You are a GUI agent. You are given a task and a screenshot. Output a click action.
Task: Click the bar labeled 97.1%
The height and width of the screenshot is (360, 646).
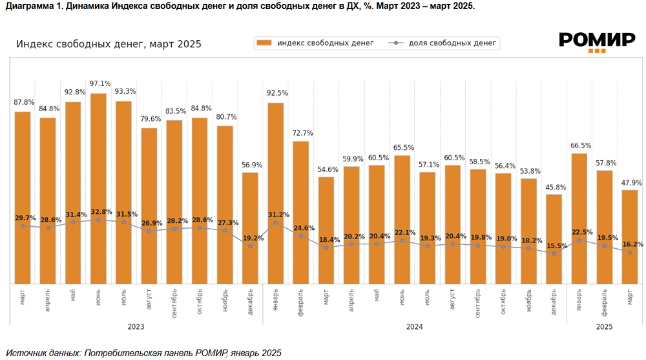pyautogui.click(x=98, y=188)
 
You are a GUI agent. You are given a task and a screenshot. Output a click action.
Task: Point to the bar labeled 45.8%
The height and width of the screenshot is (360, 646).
pyautogui.click(x=554, y=238)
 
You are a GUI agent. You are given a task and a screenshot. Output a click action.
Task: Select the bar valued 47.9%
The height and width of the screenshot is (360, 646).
pyautogui.click(x=630, y=237)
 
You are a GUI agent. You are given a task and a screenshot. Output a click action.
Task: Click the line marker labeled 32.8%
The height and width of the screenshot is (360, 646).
pyautogui.click(x=98, y=220)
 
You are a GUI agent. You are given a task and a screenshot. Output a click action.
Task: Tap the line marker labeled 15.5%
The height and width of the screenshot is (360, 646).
pyautogui.click(x=554, y=253)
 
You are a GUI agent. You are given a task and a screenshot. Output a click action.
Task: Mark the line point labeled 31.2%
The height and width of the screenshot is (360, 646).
pyautogui.click(x=276, y=223)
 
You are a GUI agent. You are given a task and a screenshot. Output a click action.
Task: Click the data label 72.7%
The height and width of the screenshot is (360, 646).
pyautogui.click(x=301, y=133)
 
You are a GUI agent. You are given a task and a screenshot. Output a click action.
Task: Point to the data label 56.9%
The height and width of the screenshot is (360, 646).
pyautogui.click(x=251, y=164)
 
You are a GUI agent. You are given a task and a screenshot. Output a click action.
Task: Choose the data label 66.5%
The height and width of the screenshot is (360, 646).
pyautogui.click(x=579, y=145)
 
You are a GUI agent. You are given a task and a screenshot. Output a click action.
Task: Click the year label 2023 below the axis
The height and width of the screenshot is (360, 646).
pyautogui.click(x=136, y=327)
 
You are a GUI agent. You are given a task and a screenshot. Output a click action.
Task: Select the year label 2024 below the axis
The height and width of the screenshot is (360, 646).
pyautogui.click(x=414, y=327)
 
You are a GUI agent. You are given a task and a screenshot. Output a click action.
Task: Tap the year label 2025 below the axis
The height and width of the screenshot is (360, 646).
pyautogui.click(x=604, y=327)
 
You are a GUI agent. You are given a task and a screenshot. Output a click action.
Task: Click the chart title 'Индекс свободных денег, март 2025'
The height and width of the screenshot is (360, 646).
pyautogui.click(x=109, y=45)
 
